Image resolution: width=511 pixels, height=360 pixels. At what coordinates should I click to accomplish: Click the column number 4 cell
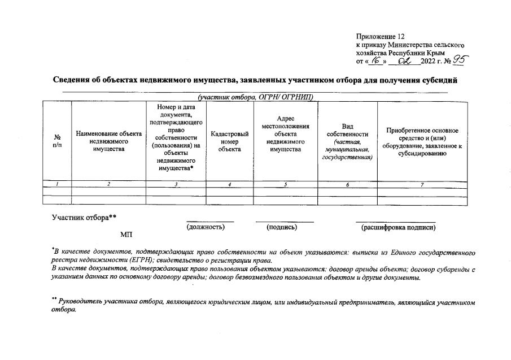(230, 184)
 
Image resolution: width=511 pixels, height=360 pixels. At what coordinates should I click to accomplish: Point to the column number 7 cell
(422, 184)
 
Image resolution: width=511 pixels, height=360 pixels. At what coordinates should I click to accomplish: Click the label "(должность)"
(206, 227)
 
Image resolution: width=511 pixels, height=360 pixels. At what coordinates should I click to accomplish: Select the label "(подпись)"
(282, 227)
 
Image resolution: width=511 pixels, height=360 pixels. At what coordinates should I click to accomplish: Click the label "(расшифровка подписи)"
(398, 227)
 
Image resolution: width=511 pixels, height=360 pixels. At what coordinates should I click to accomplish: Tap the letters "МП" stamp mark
(126, 234)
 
